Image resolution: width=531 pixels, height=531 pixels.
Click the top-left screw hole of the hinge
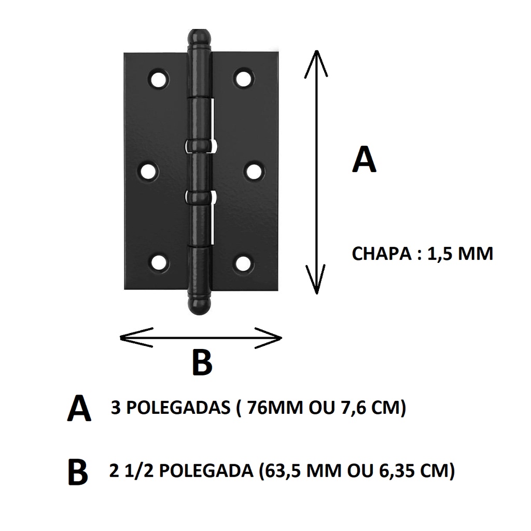click(x=159, y=79)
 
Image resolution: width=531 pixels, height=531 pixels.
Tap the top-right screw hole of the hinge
click(x=244, y=79)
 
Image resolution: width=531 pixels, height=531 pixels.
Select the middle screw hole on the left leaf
click(x=149, y=172)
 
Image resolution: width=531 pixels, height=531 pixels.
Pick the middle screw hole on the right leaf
click(x=254, y=172)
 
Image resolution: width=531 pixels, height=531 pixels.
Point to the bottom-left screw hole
click(x=159, y=263)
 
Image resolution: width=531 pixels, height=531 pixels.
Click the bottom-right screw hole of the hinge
click(x=244, y=263)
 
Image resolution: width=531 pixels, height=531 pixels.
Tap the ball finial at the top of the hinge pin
click(x=199, y=38)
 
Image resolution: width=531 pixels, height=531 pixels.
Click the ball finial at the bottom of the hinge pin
click(x=199, y=305)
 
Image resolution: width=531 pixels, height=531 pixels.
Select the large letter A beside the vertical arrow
click(x=364, y=160)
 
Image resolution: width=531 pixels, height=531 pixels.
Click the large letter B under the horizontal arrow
click(x=202, y=362)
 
